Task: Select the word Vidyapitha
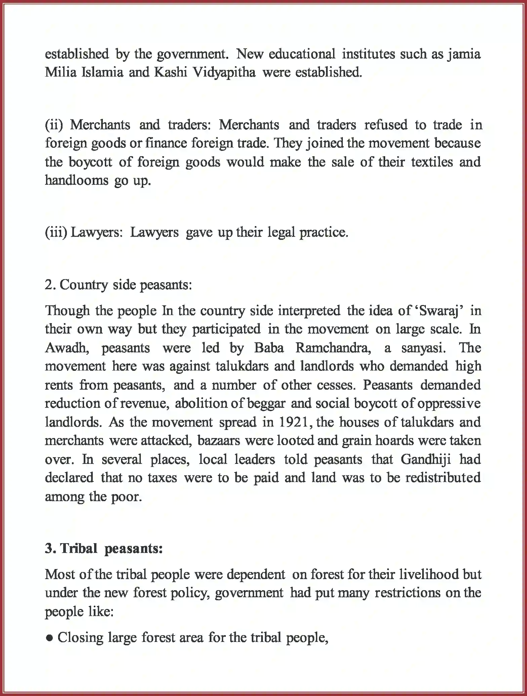(x=224, y=73)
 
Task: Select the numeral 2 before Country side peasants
(x=48, y=285)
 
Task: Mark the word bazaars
(x=219, y=441)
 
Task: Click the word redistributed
(x=443, y=478)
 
